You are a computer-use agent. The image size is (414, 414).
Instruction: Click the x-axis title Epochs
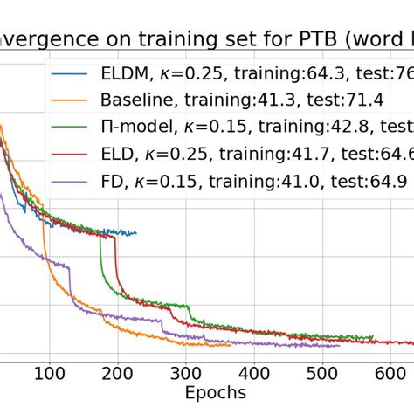(215, 394)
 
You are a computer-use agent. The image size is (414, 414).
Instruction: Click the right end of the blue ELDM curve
(136, 232)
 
